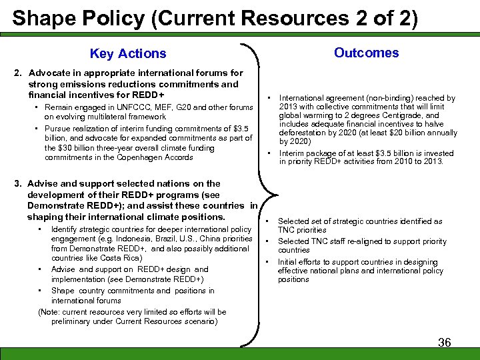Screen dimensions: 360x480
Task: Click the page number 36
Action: (x=444, y=342)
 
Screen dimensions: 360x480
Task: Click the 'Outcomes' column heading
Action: (x=366, y=53)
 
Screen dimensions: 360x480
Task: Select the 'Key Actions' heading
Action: (x=128, y=53)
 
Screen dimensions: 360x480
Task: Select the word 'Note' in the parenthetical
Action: (x=52, y=311)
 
